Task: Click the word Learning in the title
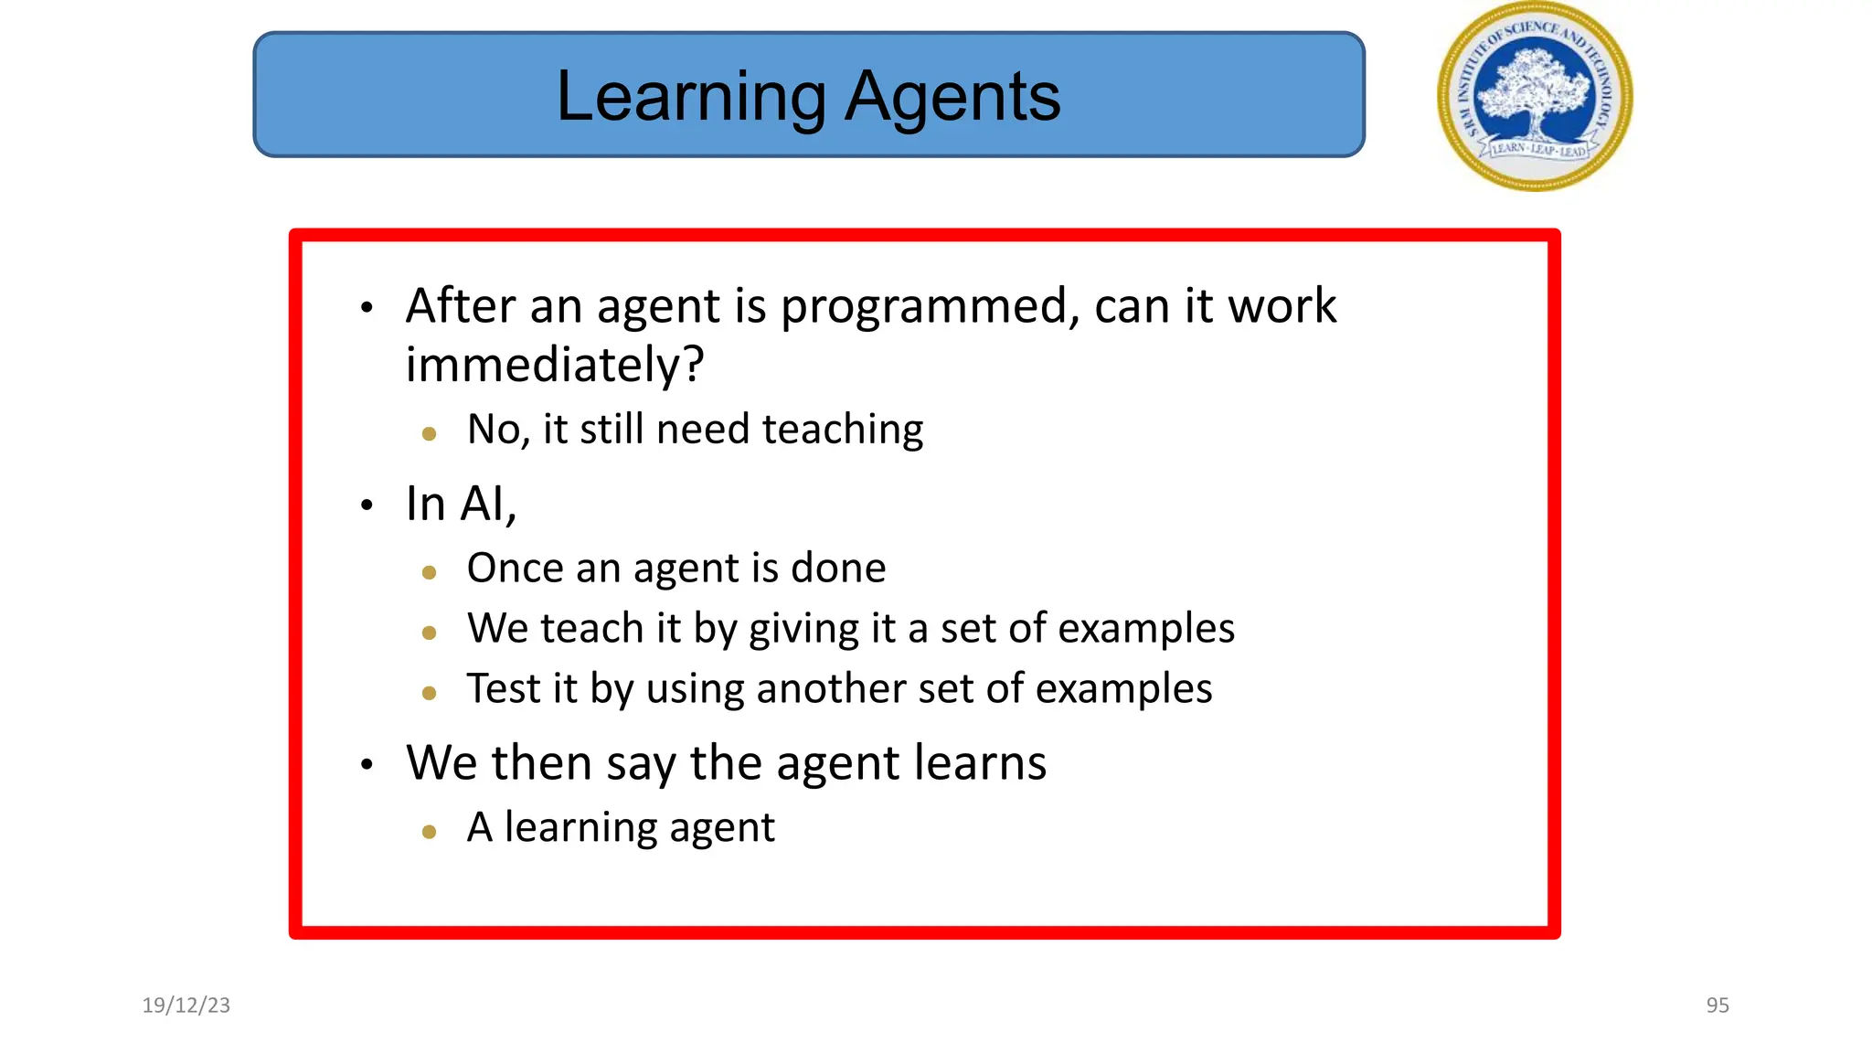[691, 98]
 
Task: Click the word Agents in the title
[952, 98]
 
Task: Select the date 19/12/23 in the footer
[186, 1005]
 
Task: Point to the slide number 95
[1718, 1005]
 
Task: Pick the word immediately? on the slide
[555, 366]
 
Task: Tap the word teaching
[842, 429]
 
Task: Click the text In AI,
[461, 504]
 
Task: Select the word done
[838, 569]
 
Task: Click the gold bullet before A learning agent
[430, 832]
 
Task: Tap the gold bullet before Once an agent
[430, 573]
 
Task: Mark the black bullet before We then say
[367, 765]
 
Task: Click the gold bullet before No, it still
[430, 434]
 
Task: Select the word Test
[504, 689]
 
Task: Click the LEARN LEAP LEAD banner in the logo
[1538, 149]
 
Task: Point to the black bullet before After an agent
[367, 308]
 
